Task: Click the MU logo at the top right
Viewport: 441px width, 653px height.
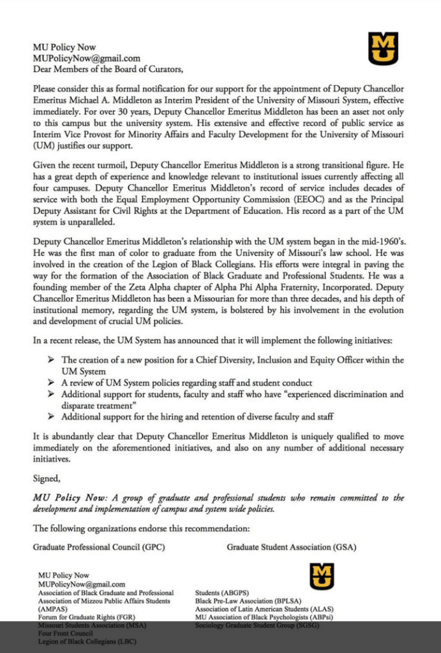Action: (383, 50)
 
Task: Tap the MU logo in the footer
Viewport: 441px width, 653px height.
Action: (322, 576)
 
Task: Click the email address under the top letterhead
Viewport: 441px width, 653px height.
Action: (86, 58)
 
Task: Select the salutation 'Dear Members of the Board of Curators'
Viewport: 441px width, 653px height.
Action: (108, 69)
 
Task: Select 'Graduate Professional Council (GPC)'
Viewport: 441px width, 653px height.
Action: (101, 547)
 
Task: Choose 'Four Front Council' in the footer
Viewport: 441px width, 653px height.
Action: (66, 634)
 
